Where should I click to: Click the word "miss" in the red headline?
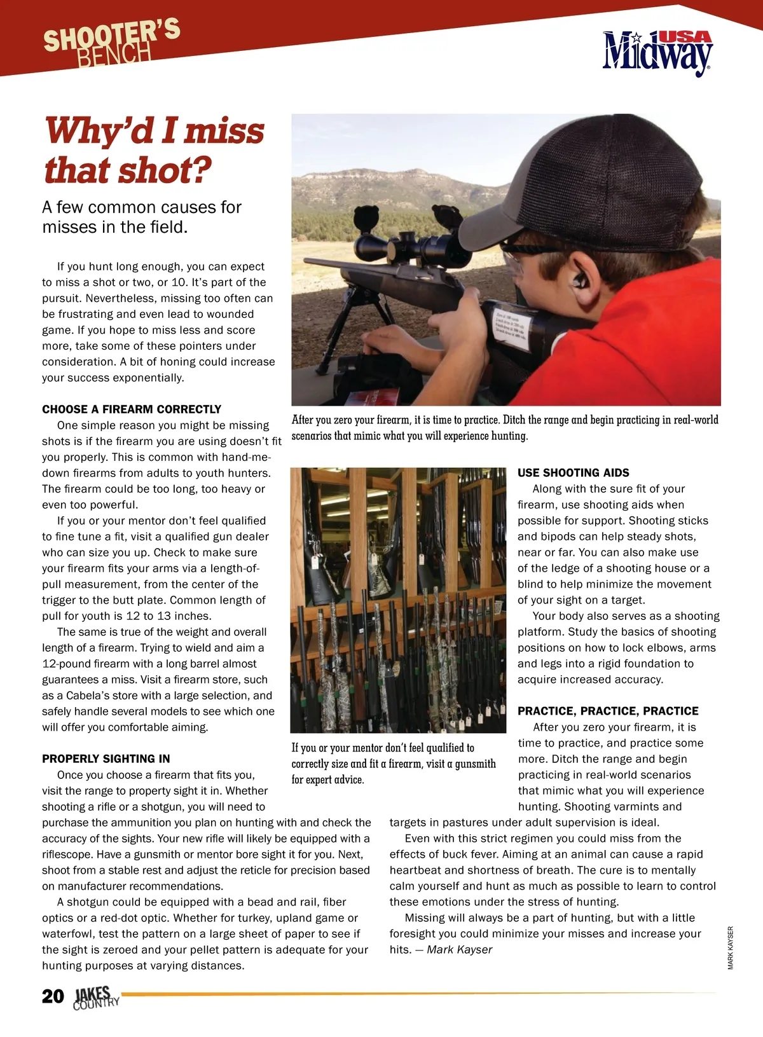tap(224, 131)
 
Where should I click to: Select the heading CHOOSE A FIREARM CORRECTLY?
tap(132, 409)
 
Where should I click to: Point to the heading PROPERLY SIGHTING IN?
tap(106, 759)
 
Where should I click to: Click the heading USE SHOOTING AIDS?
tap(573, 473)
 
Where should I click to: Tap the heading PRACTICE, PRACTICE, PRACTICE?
tap(608, 711)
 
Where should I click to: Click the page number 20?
tap(53, 996)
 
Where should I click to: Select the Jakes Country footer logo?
tap(95, 998)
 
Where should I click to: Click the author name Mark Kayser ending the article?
tap(459, 949)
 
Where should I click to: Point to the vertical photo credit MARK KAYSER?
tap(731, 947)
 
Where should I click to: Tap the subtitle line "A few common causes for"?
tap(142, 207)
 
